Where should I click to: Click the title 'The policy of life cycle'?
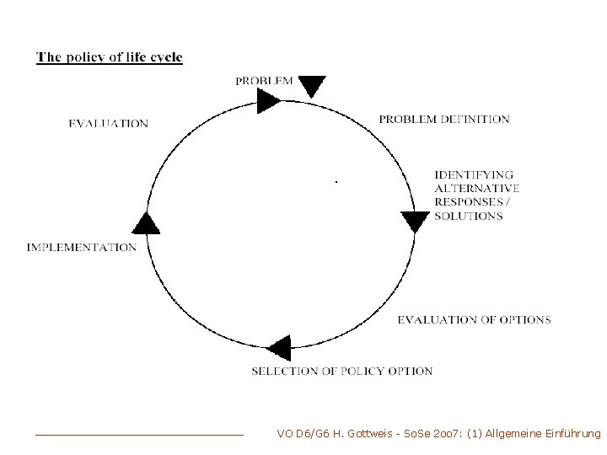110,58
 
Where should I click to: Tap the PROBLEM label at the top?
265,81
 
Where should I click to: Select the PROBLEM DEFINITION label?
444,120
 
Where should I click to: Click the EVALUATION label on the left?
109,124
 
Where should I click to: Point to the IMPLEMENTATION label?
82,248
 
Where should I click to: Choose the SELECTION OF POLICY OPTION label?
342,372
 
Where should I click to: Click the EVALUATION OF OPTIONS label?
474,320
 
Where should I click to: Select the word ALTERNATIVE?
477,189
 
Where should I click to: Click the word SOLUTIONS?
469,217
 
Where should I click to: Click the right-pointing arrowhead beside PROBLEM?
269,102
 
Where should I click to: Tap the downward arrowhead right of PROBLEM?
312,86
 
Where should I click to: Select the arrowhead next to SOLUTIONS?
415,222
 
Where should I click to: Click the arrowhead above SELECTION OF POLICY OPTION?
279,348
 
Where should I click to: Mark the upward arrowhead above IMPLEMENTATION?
147,222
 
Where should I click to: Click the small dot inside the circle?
336,181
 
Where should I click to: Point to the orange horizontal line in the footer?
139,435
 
